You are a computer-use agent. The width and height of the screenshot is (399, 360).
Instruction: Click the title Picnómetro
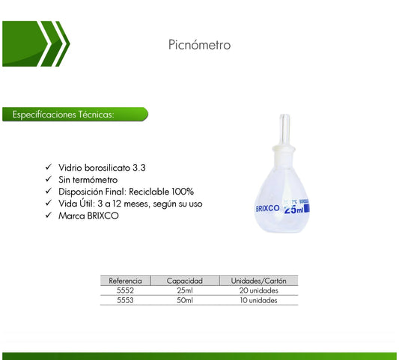point(199,45)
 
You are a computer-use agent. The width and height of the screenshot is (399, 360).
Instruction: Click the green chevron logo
point(36,44)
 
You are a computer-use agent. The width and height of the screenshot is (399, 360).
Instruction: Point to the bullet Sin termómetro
point(88,180)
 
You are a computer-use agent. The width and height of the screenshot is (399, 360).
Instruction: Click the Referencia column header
point(125,281)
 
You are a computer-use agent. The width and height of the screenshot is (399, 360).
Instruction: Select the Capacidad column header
point(185,281)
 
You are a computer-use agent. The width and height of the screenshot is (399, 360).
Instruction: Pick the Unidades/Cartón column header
point(258,281)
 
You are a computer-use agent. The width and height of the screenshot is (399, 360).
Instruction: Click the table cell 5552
point(125,290)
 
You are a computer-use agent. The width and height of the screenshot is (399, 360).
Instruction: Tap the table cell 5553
point(125,300)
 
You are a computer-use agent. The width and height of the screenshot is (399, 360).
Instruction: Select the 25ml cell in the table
point(185,290)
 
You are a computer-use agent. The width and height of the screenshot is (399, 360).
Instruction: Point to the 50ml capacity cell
point(185,300)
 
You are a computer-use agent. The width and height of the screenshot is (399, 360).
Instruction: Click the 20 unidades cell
point(258,290)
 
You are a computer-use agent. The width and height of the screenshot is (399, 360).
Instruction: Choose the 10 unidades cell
point(258,300)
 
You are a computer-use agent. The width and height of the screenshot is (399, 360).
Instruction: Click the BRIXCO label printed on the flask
point(267,209)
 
